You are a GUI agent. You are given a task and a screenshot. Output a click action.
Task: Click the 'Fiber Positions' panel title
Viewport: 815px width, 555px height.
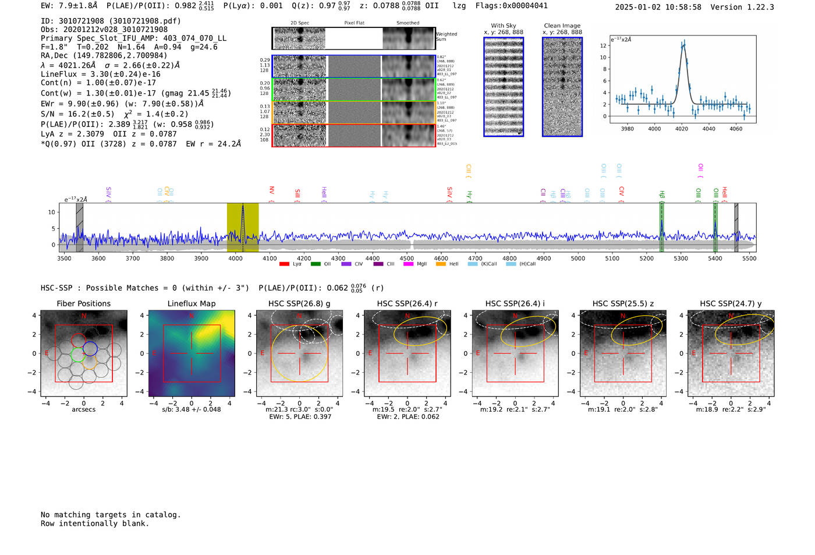83,303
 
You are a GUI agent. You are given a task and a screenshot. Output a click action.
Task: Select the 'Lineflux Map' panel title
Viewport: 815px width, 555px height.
192,303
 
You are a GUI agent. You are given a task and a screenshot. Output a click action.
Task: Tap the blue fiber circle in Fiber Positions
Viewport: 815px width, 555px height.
90,348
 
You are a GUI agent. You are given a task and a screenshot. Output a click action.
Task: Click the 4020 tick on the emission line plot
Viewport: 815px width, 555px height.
682,128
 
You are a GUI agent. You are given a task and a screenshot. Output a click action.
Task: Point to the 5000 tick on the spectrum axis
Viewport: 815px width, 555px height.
578,258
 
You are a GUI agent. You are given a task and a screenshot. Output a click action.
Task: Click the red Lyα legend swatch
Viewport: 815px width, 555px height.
284,264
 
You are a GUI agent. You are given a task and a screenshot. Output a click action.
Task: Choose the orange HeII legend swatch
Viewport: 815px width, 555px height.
441,264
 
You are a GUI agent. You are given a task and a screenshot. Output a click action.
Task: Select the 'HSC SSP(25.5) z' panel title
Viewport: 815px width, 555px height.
623,303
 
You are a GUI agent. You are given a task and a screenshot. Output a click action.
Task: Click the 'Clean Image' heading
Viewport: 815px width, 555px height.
562,26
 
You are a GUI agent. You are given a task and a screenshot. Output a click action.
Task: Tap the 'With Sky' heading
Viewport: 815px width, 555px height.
503,26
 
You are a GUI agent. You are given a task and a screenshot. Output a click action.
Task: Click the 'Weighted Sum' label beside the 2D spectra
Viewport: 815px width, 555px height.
446,37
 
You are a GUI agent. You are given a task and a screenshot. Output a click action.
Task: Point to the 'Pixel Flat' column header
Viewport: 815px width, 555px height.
354,23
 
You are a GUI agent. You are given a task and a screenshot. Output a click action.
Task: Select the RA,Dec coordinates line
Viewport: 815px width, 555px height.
104,56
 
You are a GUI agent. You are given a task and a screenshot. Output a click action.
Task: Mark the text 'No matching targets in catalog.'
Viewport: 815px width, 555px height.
111,514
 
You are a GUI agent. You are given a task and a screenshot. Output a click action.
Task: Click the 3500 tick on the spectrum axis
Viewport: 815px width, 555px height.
64,258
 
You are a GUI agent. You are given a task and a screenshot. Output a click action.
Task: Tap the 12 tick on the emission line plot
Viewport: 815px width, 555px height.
603,45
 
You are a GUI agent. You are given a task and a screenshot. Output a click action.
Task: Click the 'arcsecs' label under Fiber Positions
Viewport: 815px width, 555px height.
83,409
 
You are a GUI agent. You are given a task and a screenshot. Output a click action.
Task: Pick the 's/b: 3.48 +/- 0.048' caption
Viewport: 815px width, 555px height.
192,409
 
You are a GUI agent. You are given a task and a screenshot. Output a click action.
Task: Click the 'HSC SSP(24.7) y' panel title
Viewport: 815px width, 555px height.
731,303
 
